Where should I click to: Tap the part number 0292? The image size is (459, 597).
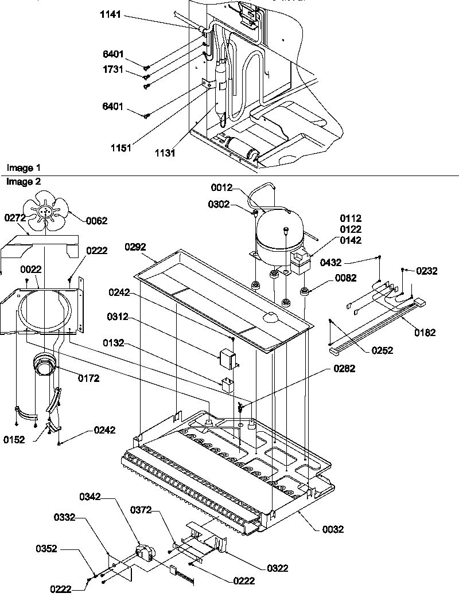click(x=136, y=247)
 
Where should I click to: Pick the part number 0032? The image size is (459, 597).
click(x=333, y=529)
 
